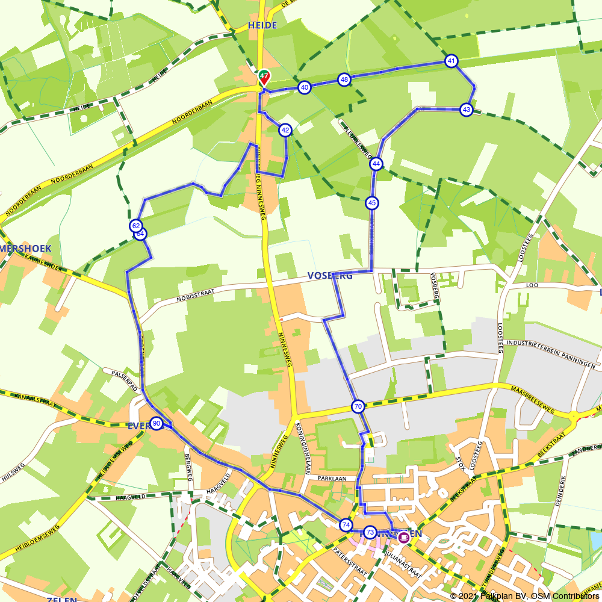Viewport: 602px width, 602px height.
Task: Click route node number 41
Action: (x=451, y=61)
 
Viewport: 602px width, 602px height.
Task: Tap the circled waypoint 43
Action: (x=466, y=110)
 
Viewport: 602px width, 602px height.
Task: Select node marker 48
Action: (x=344, y=79)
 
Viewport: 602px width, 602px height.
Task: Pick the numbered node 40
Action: (x=305, y=87)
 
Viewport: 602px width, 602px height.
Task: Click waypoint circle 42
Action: (x=285, y=130)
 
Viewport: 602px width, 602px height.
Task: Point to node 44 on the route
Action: (x=376, y=164)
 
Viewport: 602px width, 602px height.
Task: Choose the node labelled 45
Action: (x=372, y=203)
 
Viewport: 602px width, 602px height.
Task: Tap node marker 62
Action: (x=135, y=226)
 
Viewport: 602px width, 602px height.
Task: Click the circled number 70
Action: (x=358, y=407)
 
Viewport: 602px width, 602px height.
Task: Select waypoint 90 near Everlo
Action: (x=157, y=423)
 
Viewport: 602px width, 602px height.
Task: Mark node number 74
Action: (x=346, y=525)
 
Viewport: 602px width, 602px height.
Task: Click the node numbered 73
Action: (x=370, y=532)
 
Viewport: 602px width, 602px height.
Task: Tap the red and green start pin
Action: (x=264, y=76)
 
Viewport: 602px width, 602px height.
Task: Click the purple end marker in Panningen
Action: (x=403, y=537)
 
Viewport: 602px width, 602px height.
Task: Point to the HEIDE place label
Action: (x=262, y=25)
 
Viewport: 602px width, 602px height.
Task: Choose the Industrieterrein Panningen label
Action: (x=551, y=354)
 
